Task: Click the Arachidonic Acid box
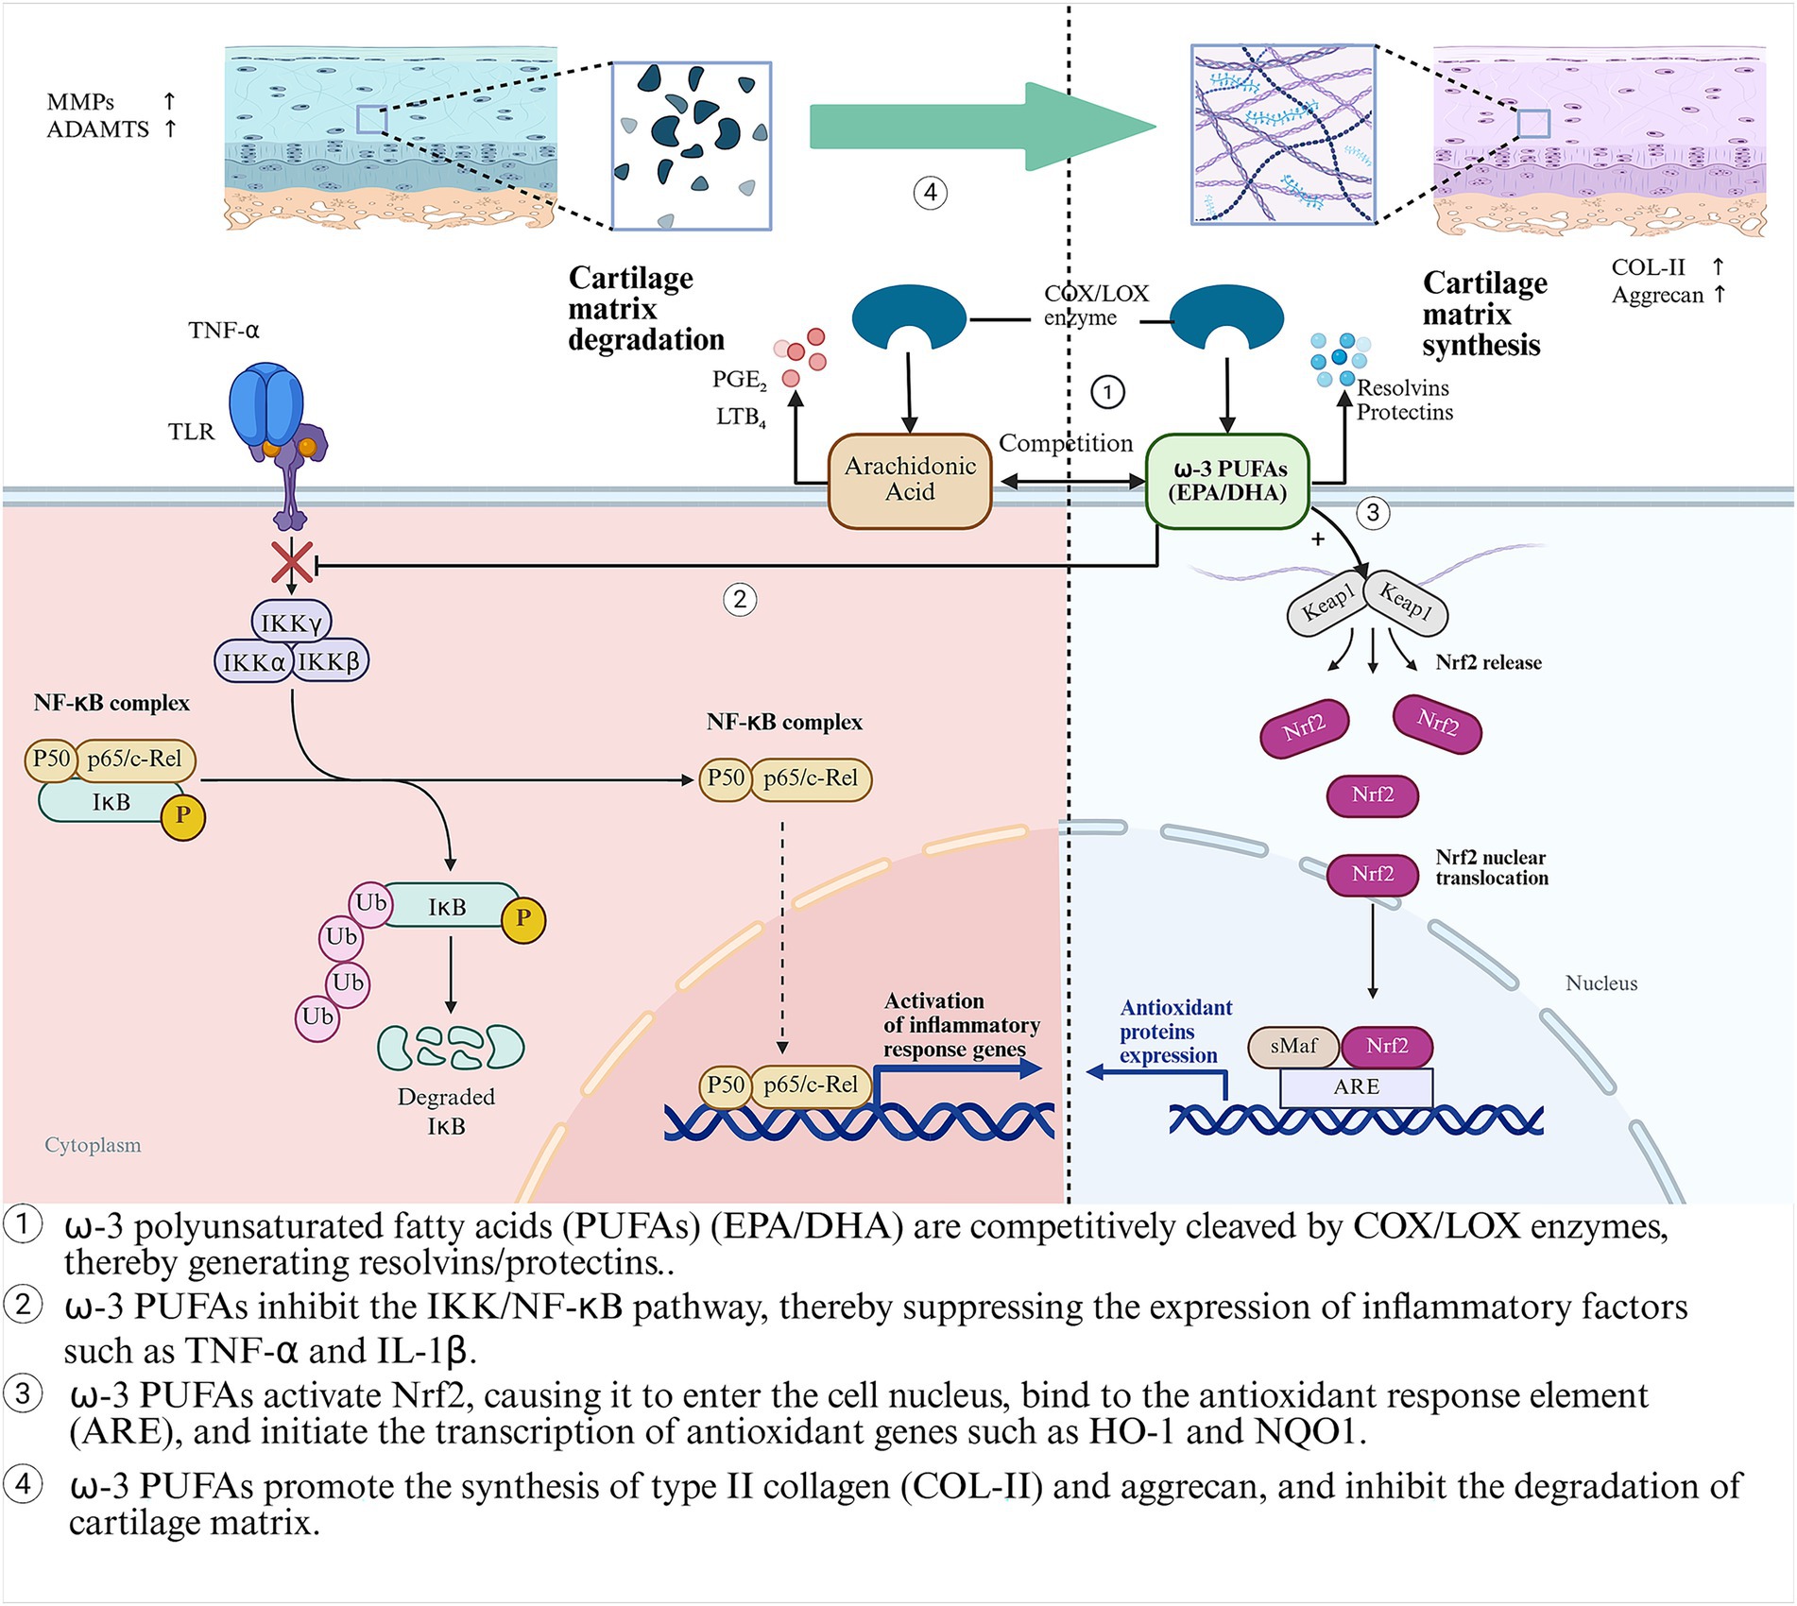coord(909,479)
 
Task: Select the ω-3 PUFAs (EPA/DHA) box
coord(1227,480)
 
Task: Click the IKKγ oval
coord(291,623)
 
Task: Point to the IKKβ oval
coord(329,661)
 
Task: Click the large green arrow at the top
coord(983,127)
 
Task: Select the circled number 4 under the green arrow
coord(930,193)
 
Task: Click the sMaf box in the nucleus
coord(1292,1046)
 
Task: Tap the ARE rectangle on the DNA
coord(1356,1086)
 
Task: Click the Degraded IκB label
coord(446,1111)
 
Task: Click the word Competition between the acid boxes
coord(1066,442)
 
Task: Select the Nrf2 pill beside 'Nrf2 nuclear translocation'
coord(1372,874)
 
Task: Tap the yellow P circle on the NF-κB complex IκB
coord(182,815)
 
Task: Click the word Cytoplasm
coord(93,1144)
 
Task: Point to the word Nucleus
coord(1600,982)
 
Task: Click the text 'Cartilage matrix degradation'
coord(645,309)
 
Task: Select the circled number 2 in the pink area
coord(740,599)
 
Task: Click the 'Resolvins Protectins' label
coord(1404,400)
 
